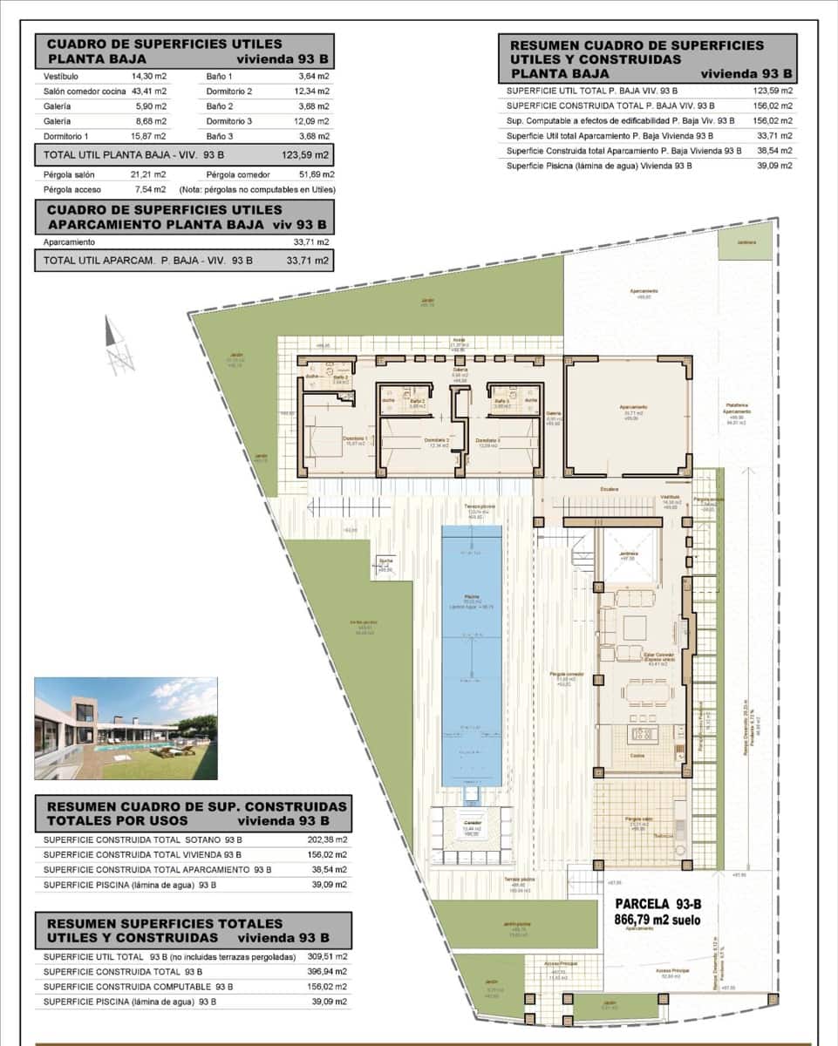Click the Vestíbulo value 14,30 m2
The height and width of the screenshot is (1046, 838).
click(x=149, y=76)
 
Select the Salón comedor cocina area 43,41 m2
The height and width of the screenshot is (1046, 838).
click(x=149, y=91)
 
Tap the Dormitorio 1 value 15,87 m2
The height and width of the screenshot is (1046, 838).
click(x=149, y=137)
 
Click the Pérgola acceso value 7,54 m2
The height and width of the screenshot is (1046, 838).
click(x=149, y=189)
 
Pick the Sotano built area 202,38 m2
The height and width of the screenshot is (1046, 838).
click(x=329, y=840)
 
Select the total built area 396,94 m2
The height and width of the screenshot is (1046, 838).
click(x=329, y=972)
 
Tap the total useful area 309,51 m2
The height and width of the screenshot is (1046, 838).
click(x=329, y=957)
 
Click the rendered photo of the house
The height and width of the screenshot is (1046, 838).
click(x=126, y=728)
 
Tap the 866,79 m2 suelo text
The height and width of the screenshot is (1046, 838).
click(x=657, y=920)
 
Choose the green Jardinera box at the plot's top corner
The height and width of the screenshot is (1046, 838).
click(x=745, y=241)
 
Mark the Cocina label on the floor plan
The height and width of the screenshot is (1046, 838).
click(x=637, y=756)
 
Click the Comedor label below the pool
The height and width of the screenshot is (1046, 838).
click(x=472, y=823)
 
